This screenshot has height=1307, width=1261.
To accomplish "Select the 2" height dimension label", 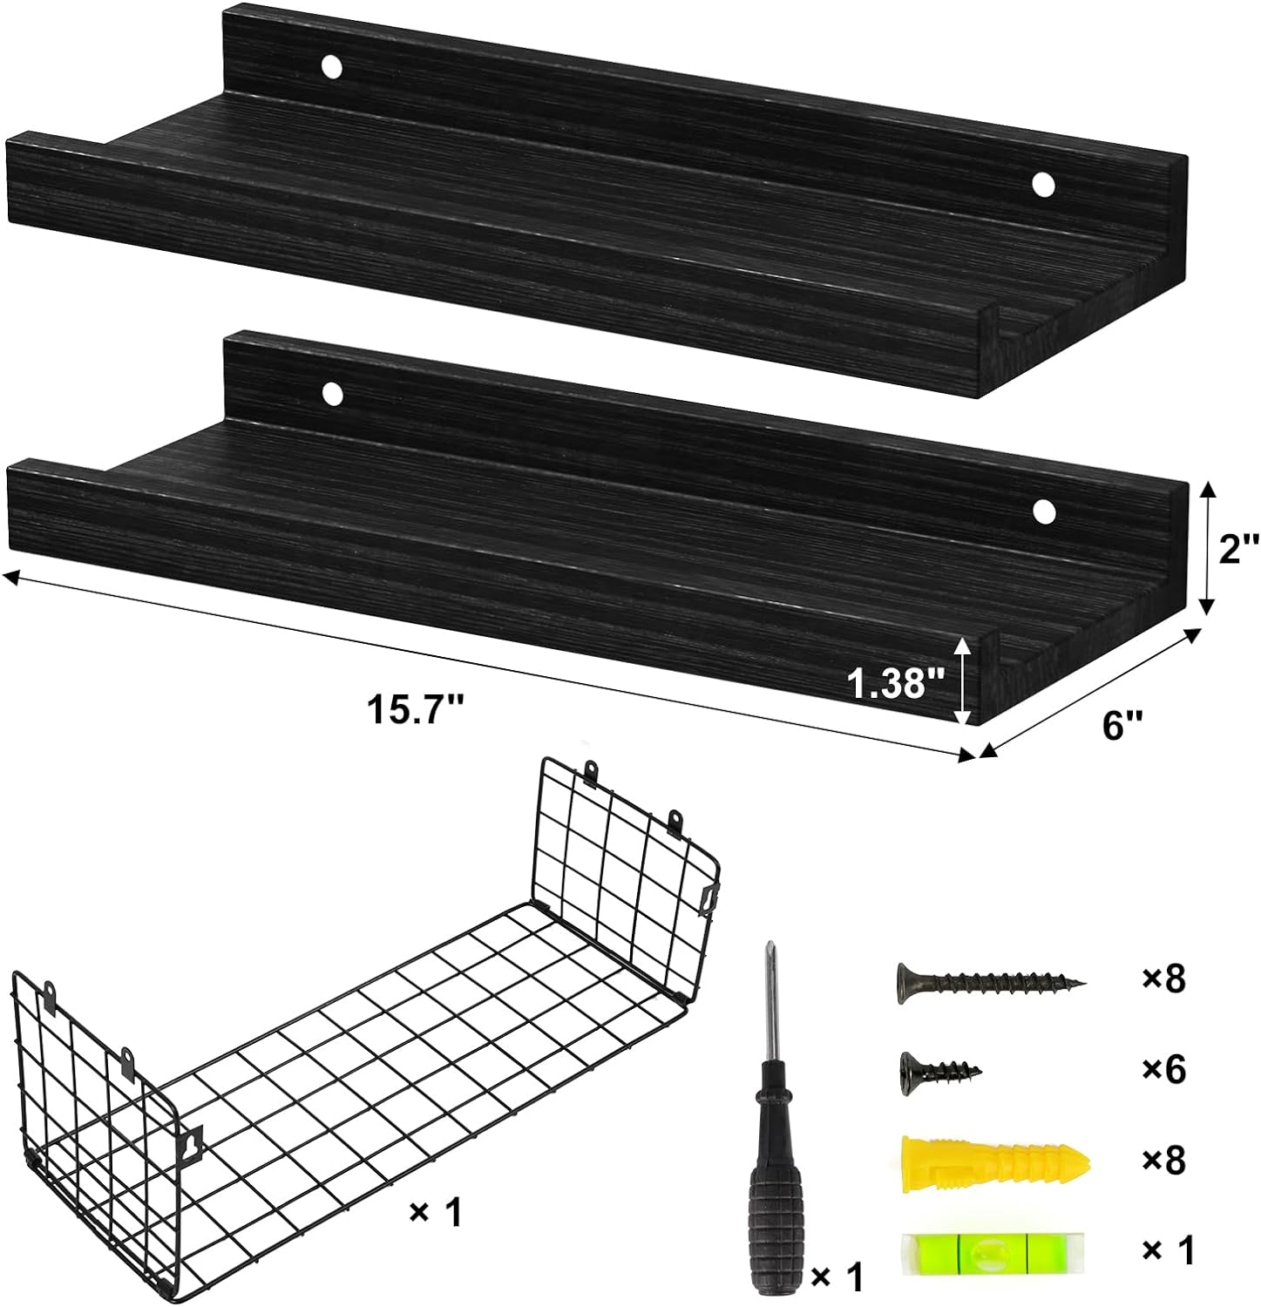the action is (x=1237, y=550).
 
